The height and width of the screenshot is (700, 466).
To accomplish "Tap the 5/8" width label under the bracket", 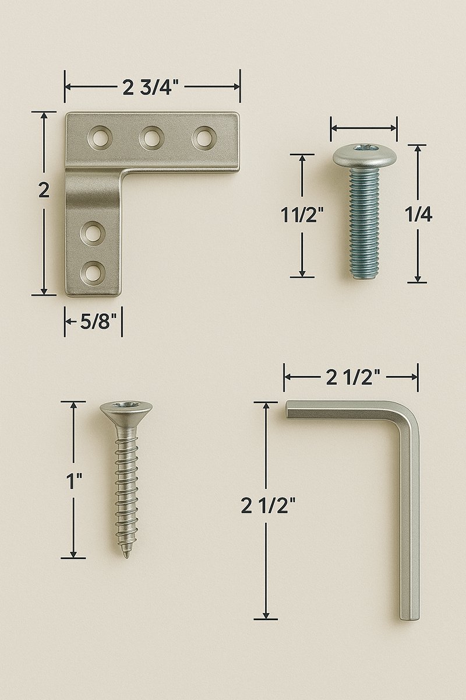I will pyautogui.click(x=95, y=322).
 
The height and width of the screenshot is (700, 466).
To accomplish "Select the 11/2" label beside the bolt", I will pyautogui.click(x=302, y=215).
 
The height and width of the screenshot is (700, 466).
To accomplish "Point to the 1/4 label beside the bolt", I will pyautogui.click(x=418, y=215).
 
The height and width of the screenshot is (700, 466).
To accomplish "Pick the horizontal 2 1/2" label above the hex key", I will pyautogui.click(x=353, y=377).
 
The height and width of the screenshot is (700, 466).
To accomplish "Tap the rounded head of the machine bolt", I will pyautogui.click(x=365, y=155).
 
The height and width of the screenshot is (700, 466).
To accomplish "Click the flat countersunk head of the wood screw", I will pyautogui.click(x=126, y=408).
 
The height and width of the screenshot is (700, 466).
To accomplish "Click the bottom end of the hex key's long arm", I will pyautogui.click(x=409, y=616).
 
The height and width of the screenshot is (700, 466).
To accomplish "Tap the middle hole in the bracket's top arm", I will pyautogui.click(x=151, y=138).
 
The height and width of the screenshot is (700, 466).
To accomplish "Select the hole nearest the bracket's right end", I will pyautogui.click(x=204, y=138).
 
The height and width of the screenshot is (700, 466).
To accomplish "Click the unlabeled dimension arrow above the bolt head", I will pyautogui.click(x=364, y=125).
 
